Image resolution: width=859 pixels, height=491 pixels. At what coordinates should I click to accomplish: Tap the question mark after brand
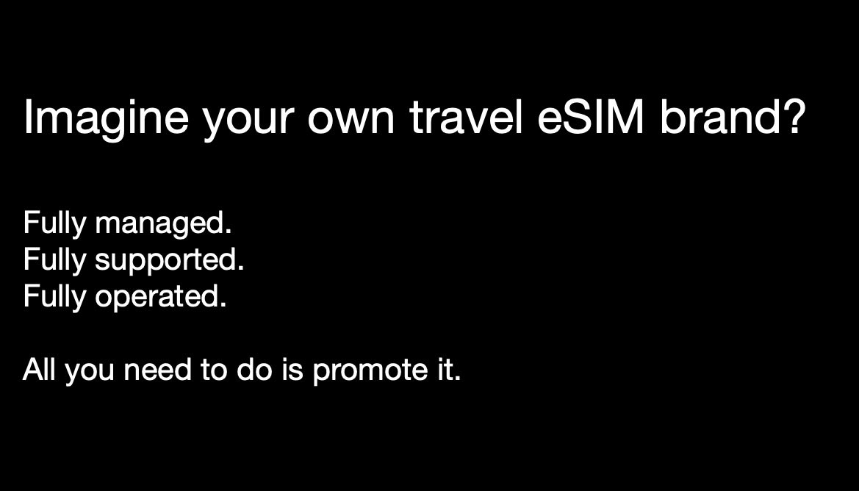coord(791,118)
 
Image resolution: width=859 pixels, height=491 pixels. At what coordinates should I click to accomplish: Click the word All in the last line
coord(39,369)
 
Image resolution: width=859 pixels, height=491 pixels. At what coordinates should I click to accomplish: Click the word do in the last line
coord(254,369)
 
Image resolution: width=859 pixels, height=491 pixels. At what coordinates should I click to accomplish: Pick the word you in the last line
coord(88,371)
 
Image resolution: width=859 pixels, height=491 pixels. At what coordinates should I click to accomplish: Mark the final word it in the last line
coord(443,369)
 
